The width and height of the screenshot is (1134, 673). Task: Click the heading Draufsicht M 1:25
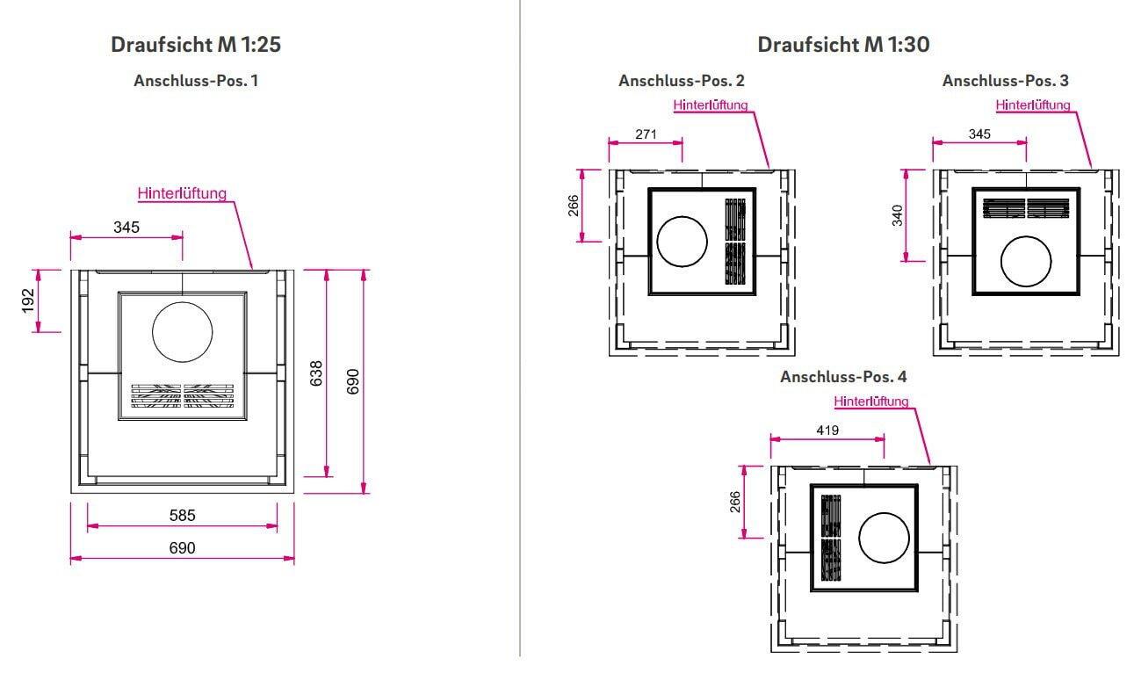point(195,45)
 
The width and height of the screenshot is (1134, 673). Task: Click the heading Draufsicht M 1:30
point(843,45)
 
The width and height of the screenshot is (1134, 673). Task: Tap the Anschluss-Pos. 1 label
point(196,81)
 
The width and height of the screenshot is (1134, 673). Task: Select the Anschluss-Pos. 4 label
point(843,377)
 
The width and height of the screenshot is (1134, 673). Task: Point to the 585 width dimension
point(182,516)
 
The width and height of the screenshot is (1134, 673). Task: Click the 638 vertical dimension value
point(316,373)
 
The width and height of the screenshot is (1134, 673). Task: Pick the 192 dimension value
point(28,300)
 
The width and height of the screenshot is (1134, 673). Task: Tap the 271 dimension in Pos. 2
point(646,134)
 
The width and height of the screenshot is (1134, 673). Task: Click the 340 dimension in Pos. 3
point(897,215)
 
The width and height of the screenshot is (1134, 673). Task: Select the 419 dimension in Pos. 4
point(827,431)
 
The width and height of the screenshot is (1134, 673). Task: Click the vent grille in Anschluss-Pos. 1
point(183,396)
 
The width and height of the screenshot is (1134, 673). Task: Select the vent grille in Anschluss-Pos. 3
point(1026,208)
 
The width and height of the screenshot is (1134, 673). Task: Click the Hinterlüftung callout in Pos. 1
point(182,193)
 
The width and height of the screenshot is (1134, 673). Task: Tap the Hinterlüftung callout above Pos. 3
point(1033,105)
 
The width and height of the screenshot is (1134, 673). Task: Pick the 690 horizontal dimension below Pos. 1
point(182,548)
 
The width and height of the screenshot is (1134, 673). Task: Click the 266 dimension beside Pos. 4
point(735,502)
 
